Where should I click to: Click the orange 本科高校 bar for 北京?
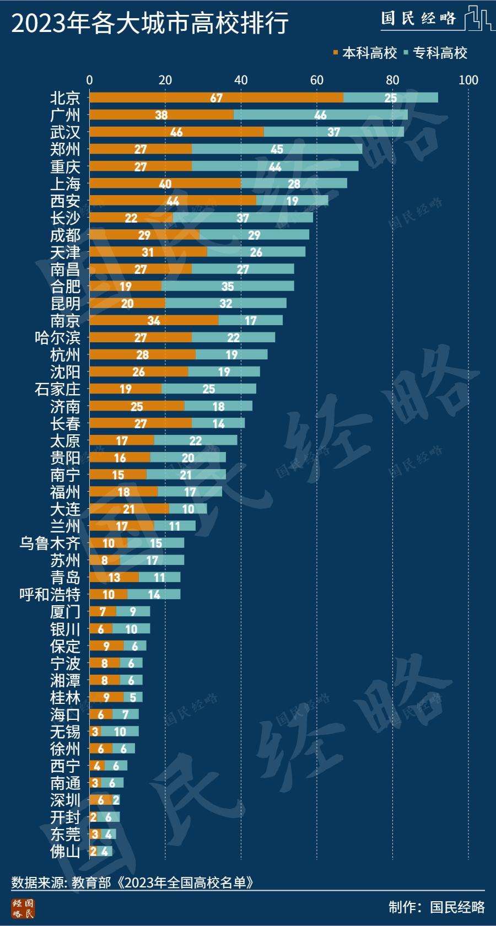(216, 98)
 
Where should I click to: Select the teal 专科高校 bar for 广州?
(320, 115)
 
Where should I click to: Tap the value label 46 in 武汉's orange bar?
(176, 132)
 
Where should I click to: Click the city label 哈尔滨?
(57, 337)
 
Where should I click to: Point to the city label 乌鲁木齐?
(50, 543)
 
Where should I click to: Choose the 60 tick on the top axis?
(317, 80)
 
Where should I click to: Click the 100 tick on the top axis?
(468, 80)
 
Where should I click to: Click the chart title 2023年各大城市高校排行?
(150, 24)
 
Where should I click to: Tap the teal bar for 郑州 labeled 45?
(277, 149)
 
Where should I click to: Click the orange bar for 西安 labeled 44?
(172, 201)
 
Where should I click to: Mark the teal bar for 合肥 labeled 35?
(228, 286)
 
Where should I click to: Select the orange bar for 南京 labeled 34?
(154, 320)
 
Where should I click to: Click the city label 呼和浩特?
(50, 594)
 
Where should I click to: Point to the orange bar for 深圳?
(101, 800)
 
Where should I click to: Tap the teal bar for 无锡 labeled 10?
(120, 731)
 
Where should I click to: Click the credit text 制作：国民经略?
(436, 907)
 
